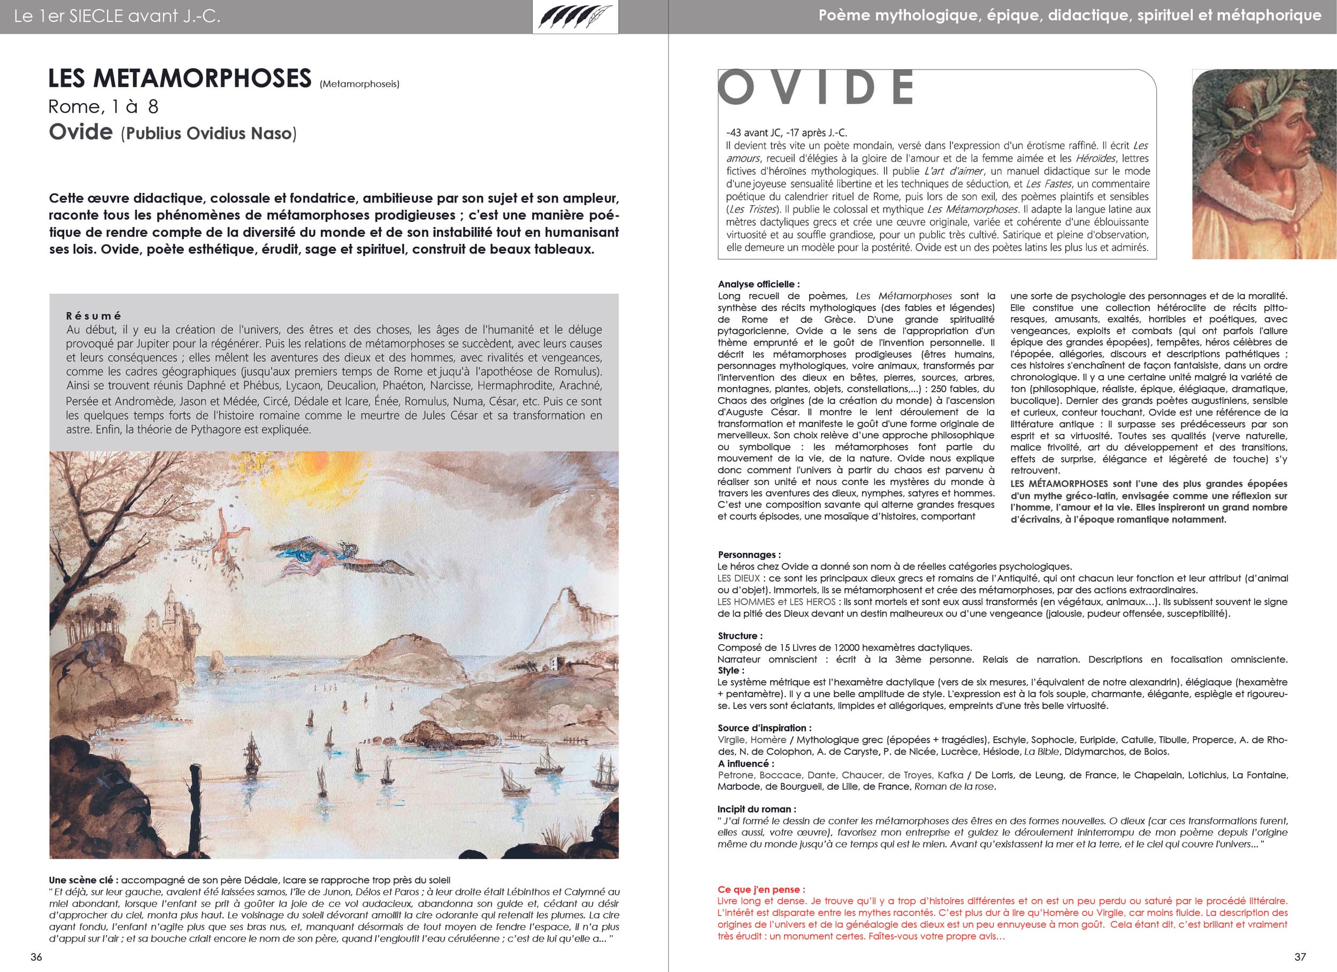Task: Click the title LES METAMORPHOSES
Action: [x=179, y=79]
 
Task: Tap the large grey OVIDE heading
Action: [x=816, y=87]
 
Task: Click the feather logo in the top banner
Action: [x=575, y=17]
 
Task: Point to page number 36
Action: [x=36, y=956]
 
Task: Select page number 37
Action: [x=1300, y=956]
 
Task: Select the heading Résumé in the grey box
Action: [x=94, y=316]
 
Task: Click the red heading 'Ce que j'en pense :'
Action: [x=761, y=890]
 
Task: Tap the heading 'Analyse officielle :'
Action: [x=759, y=284]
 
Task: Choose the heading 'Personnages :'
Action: [x=749, y=554]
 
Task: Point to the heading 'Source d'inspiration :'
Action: [x=765, y=728]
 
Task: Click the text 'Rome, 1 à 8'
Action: [x=103, y=107]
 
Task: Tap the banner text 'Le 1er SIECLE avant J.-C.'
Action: [x=117, y=17]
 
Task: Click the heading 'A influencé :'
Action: [x=746, y=763]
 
